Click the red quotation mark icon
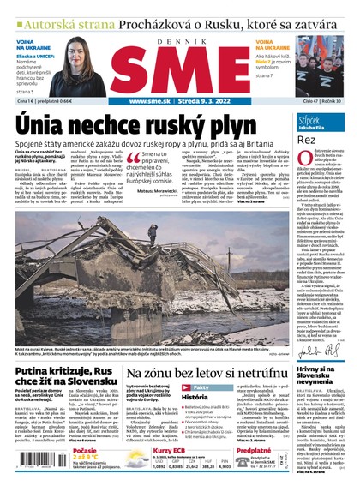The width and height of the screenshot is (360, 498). (x=133, y=159)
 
